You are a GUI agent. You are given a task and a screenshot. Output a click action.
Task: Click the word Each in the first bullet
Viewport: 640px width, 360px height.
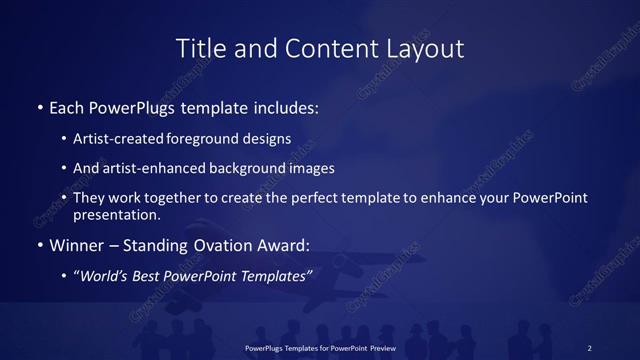[67, 106]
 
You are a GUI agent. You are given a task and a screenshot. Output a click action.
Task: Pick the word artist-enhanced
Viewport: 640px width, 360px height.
[146, 168]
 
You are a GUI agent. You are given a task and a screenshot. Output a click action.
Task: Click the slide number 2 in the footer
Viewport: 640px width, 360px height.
[589, 347]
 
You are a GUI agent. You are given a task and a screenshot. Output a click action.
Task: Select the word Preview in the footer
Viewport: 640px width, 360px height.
[381, 347]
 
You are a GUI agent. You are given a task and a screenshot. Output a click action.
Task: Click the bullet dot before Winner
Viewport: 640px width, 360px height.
[40, 244]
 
